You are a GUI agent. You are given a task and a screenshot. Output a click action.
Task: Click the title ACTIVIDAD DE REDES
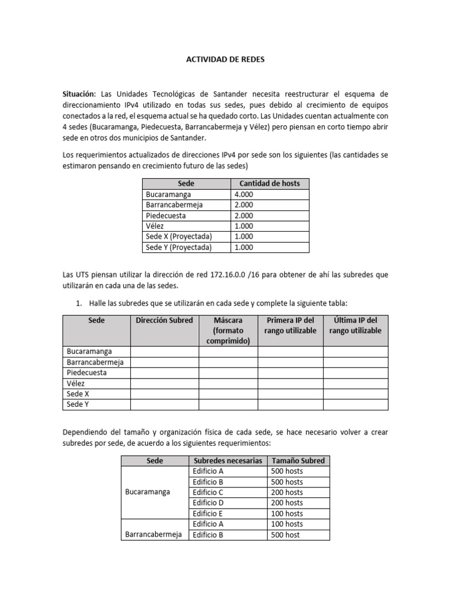[x=225, y=59]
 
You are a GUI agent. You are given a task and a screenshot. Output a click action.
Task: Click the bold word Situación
[x=80, y=94]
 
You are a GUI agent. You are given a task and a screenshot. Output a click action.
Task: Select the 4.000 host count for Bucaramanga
[x=244, y=195]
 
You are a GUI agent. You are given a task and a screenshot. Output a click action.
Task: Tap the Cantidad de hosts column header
[x=270, y=183]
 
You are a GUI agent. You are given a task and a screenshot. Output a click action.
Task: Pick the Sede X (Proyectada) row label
[x=178, y=237]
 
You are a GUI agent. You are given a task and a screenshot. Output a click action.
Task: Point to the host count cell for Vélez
[x=244, y=226]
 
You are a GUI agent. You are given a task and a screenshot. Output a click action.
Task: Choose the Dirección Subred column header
[x=164, y=320]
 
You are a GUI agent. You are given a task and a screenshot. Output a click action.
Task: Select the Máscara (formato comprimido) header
[x=228, y=330]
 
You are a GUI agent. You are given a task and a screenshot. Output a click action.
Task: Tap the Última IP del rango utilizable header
[x=355, y=325]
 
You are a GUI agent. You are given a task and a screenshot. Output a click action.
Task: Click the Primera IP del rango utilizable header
[x=290, y=325]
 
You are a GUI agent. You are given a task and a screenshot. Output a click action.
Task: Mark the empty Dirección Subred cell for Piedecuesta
[x=164, y=373]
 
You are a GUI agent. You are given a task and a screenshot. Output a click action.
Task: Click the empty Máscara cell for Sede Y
[x=228, y=404]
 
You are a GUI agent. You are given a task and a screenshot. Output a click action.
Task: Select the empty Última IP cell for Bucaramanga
[x=355, y=352]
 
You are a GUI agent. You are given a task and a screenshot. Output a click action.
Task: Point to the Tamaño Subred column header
[x=298, y=460]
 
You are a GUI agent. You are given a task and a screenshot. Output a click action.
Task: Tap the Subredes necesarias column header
[x=227, y=460]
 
